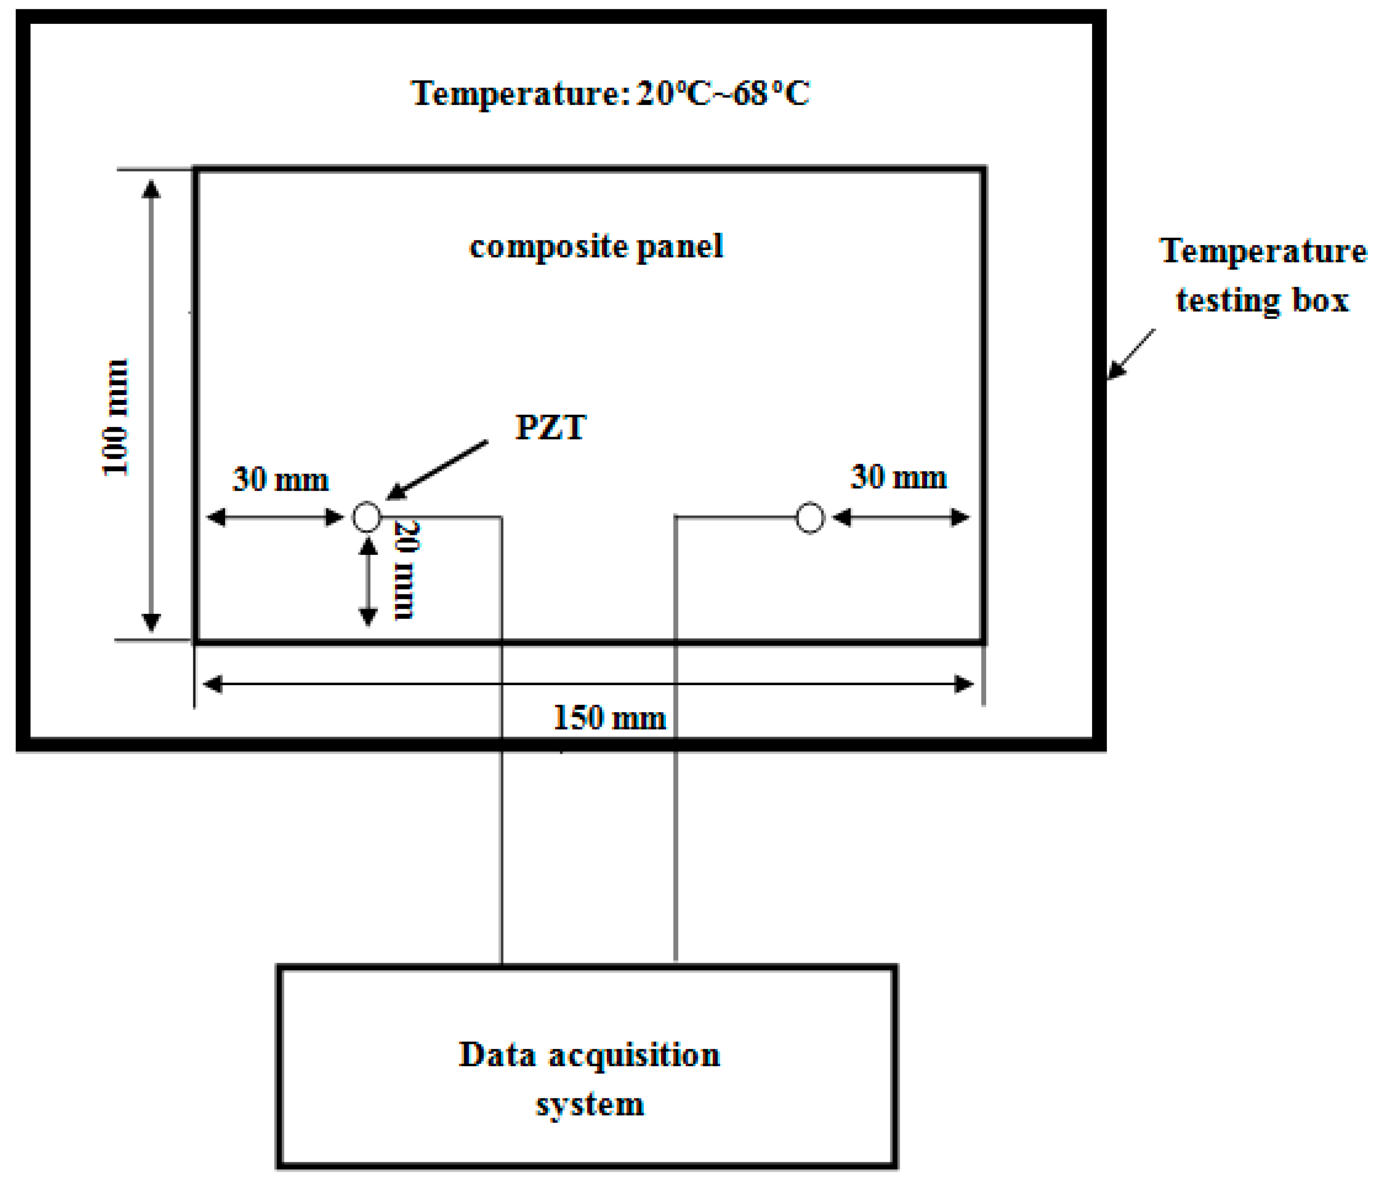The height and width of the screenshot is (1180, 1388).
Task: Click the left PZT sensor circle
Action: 366,517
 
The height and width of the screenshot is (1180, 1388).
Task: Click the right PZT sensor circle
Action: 809,518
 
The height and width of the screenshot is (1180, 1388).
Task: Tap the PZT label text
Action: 550,427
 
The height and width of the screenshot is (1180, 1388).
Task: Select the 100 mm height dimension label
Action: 115,418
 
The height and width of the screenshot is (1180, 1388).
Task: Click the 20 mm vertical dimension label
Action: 406,570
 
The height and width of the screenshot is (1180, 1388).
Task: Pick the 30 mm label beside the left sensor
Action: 280,479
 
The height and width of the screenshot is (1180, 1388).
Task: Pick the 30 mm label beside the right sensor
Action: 898,477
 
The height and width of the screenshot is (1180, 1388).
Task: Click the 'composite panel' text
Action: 596,246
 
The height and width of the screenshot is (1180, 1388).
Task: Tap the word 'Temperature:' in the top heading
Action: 519,93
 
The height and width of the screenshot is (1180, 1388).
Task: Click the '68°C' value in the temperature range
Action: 771,93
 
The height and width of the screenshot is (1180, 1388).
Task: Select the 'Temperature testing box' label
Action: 1263,275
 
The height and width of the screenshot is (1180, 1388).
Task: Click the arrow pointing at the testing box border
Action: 1131,354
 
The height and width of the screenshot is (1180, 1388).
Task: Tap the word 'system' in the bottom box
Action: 590,1104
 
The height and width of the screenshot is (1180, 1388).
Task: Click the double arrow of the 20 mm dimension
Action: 368,581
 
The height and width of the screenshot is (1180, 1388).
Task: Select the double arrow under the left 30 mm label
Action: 275,517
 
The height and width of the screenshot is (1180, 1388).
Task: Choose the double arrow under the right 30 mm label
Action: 901,517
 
